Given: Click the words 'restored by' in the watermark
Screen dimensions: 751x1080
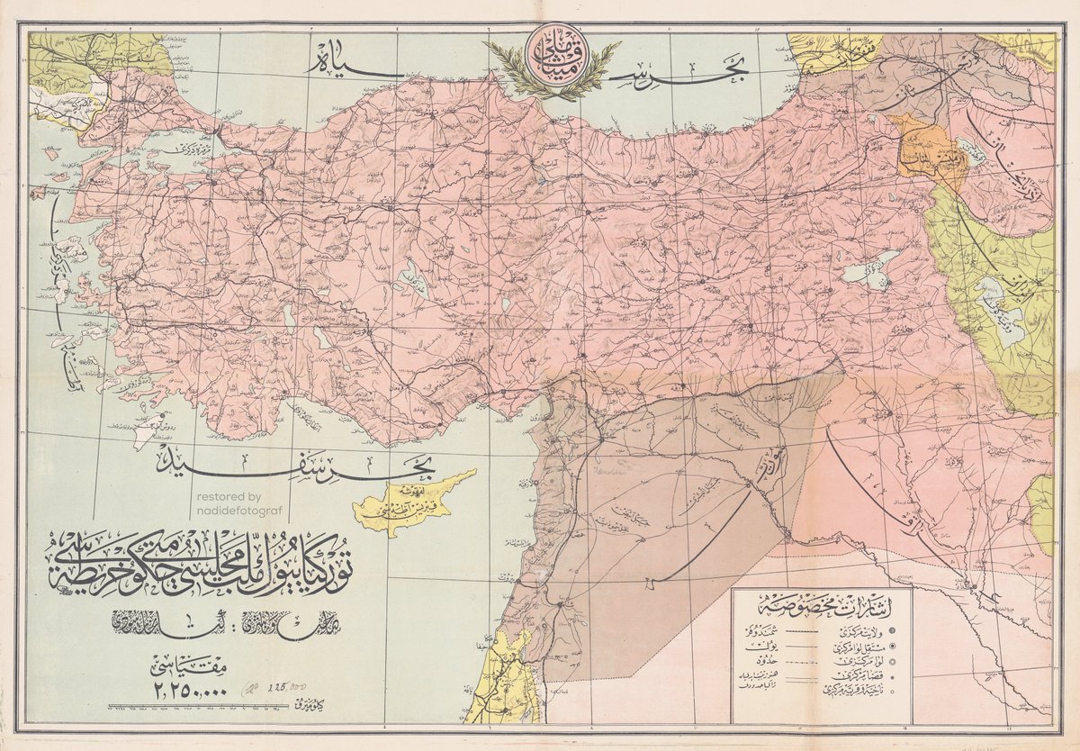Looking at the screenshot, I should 229,496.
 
